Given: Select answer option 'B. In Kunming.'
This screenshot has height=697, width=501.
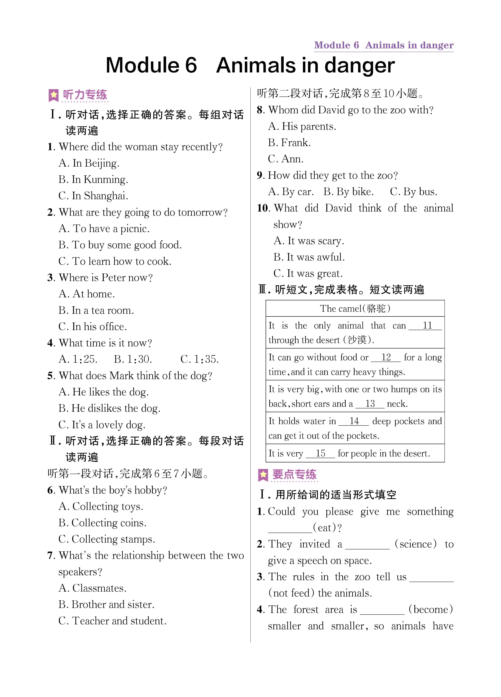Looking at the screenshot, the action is tap(93, 179).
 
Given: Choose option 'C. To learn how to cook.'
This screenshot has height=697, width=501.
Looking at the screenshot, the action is tap(115, 261).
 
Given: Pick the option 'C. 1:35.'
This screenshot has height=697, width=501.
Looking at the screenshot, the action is tap(199, 359).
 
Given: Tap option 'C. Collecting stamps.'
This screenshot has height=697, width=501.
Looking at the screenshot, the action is tap(107, 539).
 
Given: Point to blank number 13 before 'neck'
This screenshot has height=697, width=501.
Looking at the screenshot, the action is tap(370, 404).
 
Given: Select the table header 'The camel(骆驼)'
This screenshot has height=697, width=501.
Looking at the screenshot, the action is tap(355, 308).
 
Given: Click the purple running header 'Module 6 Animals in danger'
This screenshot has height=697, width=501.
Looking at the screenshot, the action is tap(384, 45).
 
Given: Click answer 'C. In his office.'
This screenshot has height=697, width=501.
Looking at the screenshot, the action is tap(93, 327).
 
